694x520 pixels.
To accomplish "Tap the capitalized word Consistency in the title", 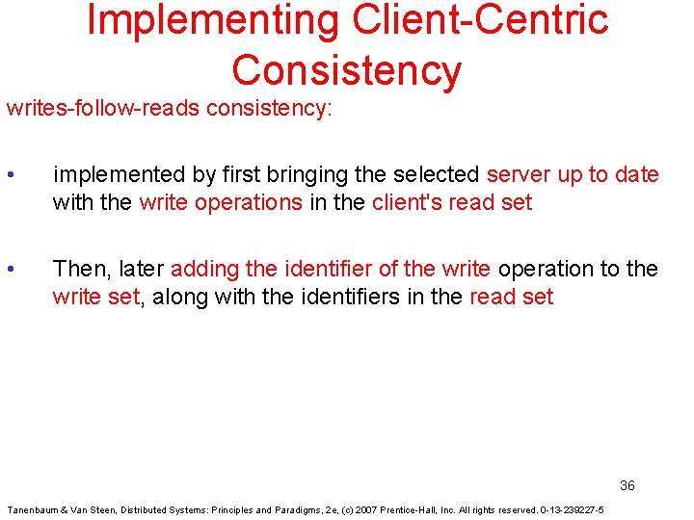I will (x=346, y=71).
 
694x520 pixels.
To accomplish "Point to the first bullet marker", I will (x=10, y=175).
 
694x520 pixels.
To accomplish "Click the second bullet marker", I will (x=10, y=269).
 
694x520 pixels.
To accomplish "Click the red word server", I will (x=519, y=175).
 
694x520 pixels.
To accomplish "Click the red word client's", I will (x=407, y=203).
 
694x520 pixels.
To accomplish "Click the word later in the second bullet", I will (x=142, y=269).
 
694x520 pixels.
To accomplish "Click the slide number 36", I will (x=627, y=485).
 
